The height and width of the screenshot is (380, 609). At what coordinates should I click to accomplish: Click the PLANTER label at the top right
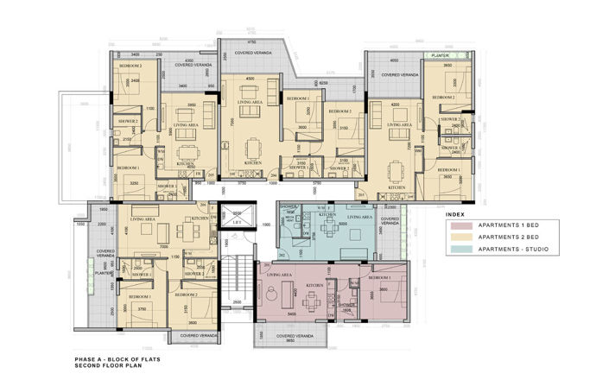(x=439, y=54)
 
